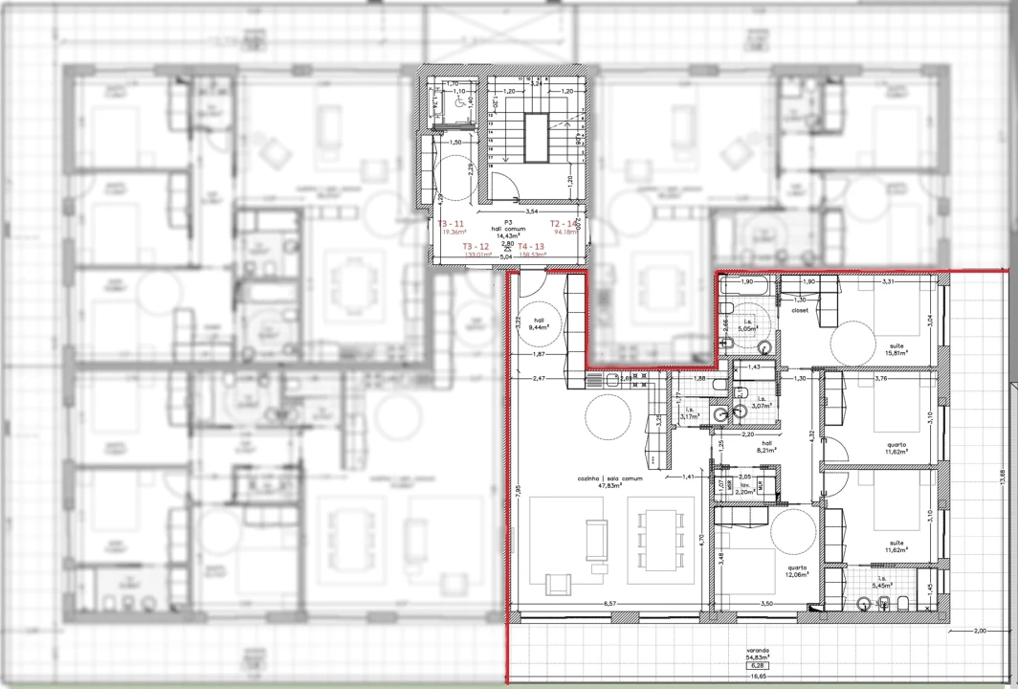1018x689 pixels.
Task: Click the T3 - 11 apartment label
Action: tap(451, 224)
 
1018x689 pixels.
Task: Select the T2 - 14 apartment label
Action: tap(564, 224)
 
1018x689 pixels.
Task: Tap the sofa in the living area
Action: tap(596, 540)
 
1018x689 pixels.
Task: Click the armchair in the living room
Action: tap(556, 583)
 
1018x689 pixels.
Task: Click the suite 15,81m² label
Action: tap(896, 349)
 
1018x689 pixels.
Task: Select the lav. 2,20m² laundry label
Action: tap(741, 488)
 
